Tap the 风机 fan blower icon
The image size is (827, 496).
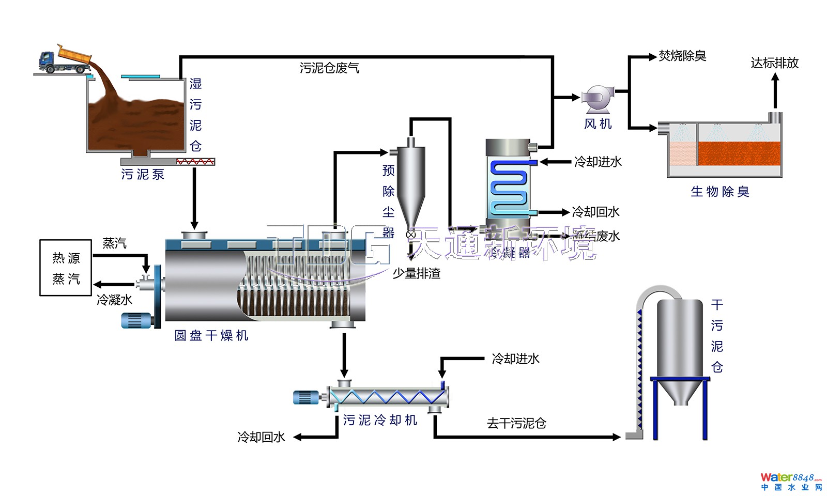[x=596, y=99]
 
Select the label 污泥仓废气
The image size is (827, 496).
[x=329, y=68]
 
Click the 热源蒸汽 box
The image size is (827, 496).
[x=66, y=268]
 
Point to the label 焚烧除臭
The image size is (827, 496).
[x=682, y=56]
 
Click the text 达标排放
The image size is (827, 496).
[x=774, y=63]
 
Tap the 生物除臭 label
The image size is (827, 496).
[x=719, y=192]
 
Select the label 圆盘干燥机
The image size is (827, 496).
[x=211, y=336]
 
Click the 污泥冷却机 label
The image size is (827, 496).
[x=380, y=421]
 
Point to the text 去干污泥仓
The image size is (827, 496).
[x=516, y=424]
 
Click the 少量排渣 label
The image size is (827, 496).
[x=417, y=273]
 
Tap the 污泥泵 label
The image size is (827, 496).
[x=143, y=175]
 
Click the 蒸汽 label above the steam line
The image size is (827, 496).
[x=114, y=243]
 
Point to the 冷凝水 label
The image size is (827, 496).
[x=114, y=300]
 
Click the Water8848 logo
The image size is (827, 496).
[x=790, y=481]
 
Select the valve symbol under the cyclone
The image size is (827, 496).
[x=411, y=235]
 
